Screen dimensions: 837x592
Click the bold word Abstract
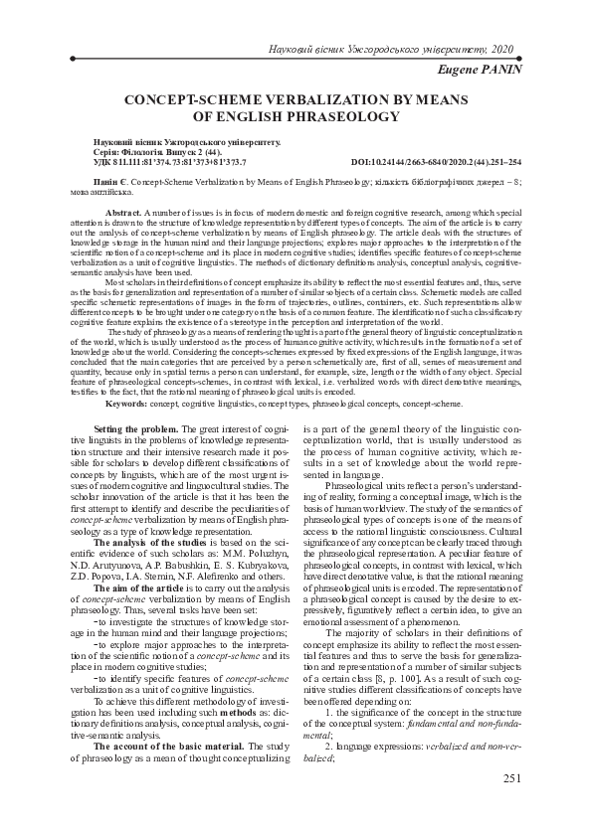click(122, 214)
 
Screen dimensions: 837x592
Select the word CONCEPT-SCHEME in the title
click(181, 100)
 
